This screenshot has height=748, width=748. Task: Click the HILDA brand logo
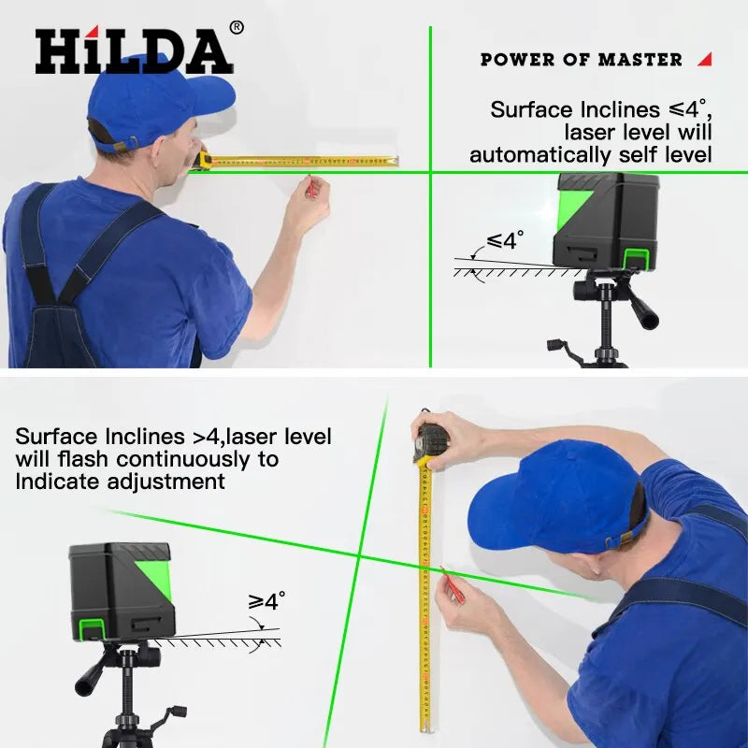(134, 51)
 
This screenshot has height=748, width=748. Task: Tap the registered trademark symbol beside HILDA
(237, 28)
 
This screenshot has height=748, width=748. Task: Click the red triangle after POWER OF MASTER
(705, 59)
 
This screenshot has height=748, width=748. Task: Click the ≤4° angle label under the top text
(505, 241)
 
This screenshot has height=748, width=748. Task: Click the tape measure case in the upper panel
(205, 160)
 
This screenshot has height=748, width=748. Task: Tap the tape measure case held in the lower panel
(431, 439)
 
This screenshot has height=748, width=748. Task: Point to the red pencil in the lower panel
(454, 583)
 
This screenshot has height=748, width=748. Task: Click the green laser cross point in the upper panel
(430, 172)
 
